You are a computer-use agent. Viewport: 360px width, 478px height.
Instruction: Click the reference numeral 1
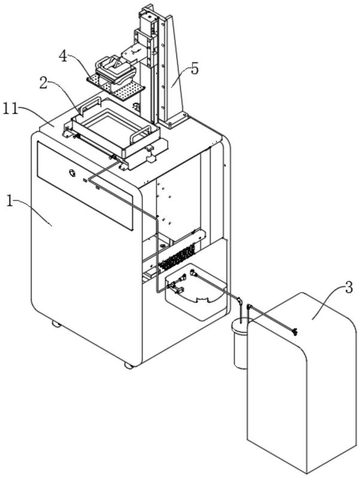(x=10, y=202)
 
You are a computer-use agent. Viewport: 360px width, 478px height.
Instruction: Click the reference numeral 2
(x=44, y=83)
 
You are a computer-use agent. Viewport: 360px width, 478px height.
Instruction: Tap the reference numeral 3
(x=349, y=288)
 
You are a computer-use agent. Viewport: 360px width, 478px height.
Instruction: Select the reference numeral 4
(x=63, y=56)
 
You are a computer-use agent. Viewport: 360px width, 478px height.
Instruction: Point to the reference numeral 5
(x=194, y=69)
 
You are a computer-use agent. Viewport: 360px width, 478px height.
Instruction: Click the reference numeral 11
(x=10, y=108)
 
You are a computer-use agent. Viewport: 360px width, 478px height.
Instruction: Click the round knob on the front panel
(x=72, y=173)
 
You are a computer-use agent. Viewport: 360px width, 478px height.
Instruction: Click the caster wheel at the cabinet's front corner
(x=129, y=366)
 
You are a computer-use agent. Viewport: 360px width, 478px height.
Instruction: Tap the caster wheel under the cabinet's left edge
(x=56, y=324)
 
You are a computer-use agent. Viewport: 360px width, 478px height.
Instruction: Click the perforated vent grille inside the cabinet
(x=177, y=257)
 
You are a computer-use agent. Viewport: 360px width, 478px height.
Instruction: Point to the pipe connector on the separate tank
(x=294, y=331)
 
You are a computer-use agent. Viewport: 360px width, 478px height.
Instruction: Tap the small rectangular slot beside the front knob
(x=85, y=181)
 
